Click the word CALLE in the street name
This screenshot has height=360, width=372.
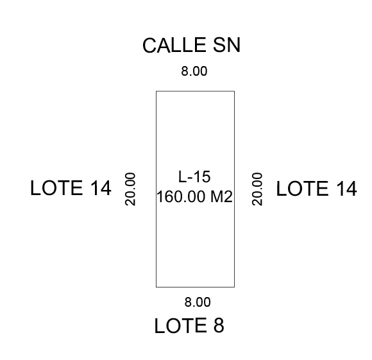pyautogui.click(x=174, y=45)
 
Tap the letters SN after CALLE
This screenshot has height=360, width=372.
pyautogui.click(x=227, y=45)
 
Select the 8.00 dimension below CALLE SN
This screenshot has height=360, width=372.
pyautogui.click(x=194, y=71)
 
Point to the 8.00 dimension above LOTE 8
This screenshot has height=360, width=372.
pyautogui.click(x=198, y=302)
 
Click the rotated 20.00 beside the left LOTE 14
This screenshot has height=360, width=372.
pyautogui.click(x=130, y=189)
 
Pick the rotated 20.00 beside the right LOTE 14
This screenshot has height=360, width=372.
pyautogui.click(x=257, y=189)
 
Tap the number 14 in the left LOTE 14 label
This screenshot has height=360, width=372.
pyautogui.click(x=101, y=188)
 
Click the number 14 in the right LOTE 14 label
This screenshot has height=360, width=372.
pyautogui.click(x=346, y=189)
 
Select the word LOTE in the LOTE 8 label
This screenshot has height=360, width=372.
pyautogui.click(x=180, y=325)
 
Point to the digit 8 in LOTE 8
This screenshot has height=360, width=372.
pyautogui.click(x=219, y=325)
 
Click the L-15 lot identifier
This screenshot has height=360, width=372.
pyautogui.click(x=194, y=177)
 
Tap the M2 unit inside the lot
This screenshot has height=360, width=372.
pyautogui.click(x=221, y=197)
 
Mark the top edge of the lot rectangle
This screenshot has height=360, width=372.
pyautogui.click(x=195, y=91)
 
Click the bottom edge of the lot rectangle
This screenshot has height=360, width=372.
pyautogui.click(x=195, y=287)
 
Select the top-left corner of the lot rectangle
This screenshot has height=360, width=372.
pyautogui.click(x=156, y=91)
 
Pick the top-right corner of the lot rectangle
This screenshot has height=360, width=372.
pyautogui.click(x=234, y=91)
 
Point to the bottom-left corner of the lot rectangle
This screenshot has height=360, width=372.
pyautogui.click(x=156, y=287)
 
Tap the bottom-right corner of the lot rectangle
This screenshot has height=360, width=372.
pyautogui.click(x=234, y=287)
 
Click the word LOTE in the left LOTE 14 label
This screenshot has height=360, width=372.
pyautogui.click(x=56, y=188)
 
